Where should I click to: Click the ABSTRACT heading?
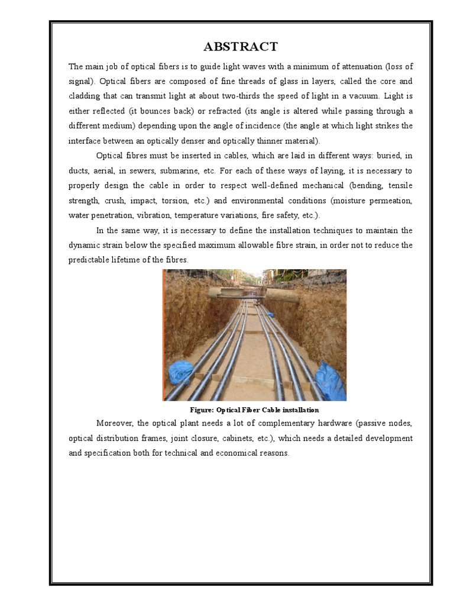coord(240,47)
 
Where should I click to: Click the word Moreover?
coord(115,423)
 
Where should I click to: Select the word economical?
coord(212,453)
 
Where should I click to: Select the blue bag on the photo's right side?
coord(330,381)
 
